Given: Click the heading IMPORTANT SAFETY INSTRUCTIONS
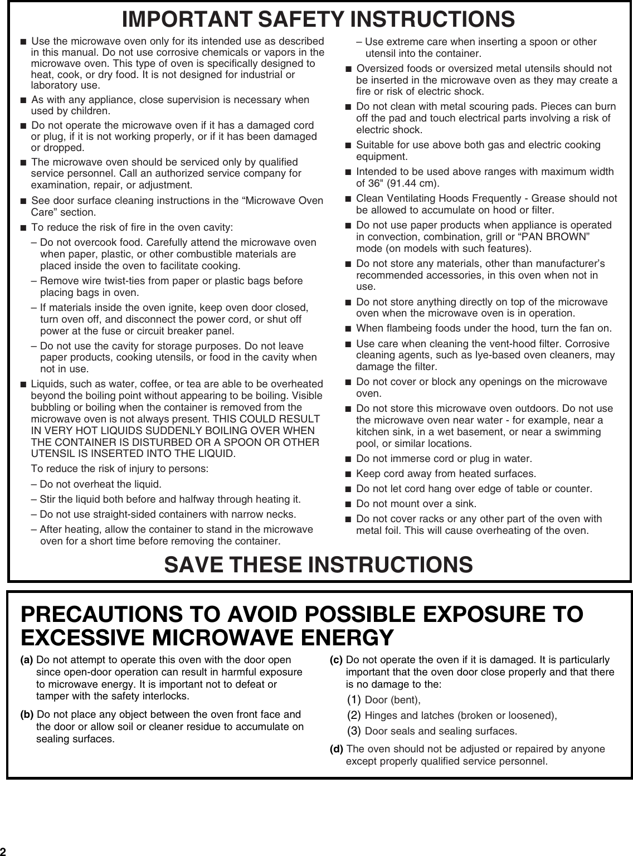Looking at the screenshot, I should tap(318, 19).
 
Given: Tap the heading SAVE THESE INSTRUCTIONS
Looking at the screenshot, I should tap(318, 564).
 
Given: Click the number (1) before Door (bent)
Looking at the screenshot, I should tap(354, 699).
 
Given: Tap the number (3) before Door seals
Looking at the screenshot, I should tap(354, 730).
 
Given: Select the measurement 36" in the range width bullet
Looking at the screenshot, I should tap(374, 183).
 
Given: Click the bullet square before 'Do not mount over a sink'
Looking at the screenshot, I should tap(348, 504).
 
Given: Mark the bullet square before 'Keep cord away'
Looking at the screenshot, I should tap(348, 474).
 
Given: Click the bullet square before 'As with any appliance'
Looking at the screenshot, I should tap(23, 100).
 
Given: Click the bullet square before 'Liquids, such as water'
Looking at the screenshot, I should tap(23, 384).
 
